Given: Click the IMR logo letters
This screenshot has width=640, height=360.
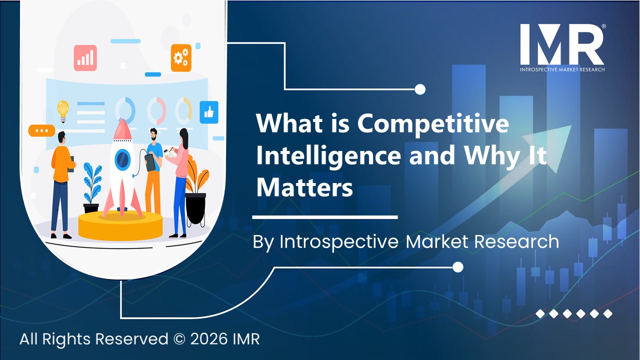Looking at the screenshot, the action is pos(561,44).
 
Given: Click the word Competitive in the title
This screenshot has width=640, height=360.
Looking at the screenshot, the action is pos(433,123).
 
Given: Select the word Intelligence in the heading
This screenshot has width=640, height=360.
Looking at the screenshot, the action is pos(328,155).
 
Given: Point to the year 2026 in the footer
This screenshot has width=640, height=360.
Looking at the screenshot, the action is pos(209,339).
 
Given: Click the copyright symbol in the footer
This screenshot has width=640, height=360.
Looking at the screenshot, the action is pos(179,339).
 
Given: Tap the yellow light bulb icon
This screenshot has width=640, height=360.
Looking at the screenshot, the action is pos(63,111).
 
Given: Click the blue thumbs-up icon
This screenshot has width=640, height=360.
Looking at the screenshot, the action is pos(209,112).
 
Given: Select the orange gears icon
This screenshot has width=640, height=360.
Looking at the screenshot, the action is pos(181,58).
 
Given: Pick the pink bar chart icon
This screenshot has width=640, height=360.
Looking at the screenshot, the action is pos(85,58).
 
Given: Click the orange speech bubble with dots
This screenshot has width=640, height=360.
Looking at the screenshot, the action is pos(41,130).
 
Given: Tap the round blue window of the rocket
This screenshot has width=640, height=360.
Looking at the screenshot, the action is pos(122,159).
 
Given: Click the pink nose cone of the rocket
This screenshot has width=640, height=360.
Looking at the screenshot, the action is pos(122,129).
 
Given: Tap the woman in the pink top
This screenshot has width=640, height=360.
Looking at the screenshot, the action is pos(179,183).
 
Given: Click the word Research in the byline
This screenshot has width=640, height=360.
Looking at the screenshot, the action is pos(516,241).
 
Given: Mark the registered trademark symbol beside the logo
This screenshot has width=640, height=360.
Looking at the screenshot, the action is pos(603,26).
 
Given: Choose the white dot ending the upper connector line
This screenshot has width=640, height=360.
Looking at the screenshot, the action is pos(419,89).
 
